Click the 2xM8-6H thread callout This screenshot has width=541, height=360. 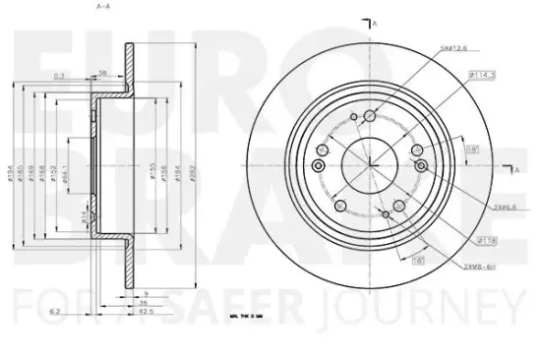(480, 266)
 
